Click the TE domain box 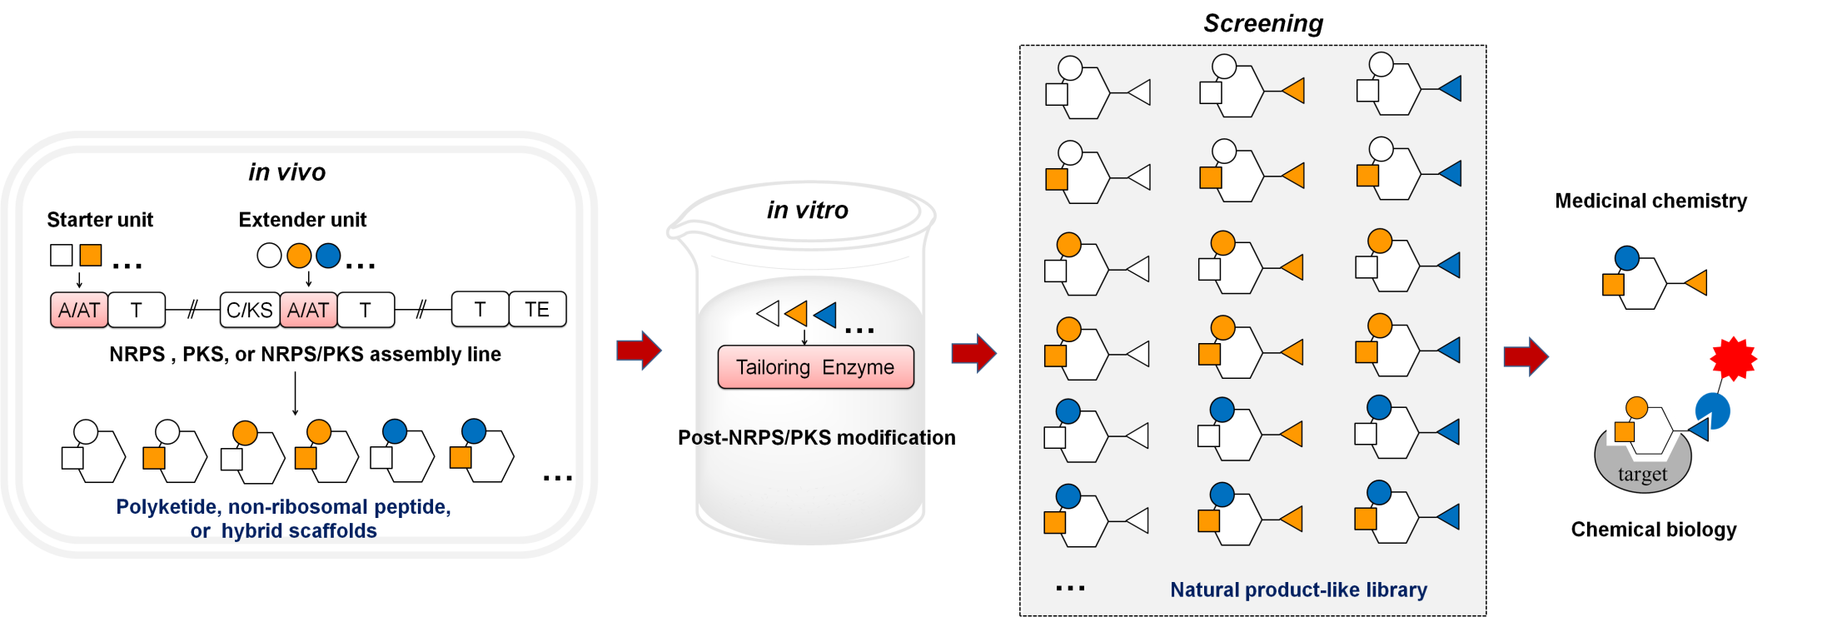(537, 310)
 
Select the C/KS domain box (249, 310)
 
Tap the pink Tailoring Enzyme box (815, 367)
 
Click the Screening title (1262, 23)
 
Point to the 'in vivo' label (286, 172)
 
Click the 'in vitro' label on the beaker (807, 210)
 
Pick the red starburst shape (1733, 359)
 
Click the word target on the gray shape (1642, 474)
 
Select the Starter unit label (100, 220)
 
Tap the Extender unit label (302, 220)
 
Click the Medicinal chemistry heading (1650, 201)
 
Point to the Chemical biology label (1653, 530)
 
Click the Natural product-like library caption (1298, 590)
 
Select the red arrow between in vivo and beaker (639, 350)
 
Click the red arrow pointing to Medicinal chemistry (1526, 357)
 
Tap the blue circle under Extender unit (328, 256)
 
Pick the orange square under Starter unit (91, 255)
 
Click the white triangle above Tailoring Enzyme (769, 313)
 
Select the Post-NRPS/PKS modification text (816, 438)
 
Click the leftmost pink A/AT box (79, 310)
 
